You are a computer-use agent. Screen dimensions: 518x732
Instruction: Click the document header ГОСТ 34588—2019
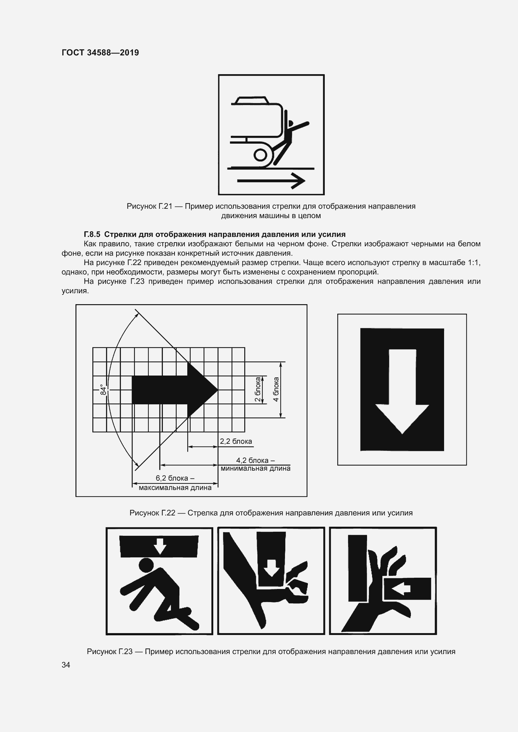pyautogui.click(x=100, y=53)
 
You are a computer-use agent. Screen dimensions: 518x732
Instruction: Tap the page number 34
pyautogui.click(x=66, y=665)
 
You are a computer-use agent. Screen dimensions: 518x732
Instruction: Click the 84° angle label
pyautogui.click(x=103, y=390)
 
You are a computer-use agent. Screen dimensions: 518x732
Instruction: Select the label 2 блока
pyautogui.click(x=257, y=390)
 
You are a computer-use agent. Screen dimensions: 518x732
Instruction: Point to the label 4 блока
pyautogui.click(x=276, y=389)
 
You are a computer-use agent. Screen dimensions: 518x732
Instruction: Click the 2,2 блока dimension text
pyautogui.click(x=236, y=441)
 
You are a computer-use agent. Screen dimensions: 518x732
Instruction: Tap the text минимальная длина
pyautogui.click(x=256, y=468)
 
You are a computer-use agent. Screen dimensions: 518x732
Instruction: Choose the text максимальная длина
pyautogui.click(x=175, y=488)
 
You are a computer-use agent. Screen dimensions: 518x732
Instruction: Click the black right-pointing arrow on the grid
pyautogui.click(x=175, y=390)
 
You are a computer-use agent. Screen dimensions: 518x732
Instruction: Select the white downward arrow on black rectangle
pyautogui.click(x=402, y=392)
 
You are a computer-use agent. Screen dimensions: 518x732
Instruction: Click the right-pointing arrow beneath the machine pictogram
pyautogui.click(x=271, y=181)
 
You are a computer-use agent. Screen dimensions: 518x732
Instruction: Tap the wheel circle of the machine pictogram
pyautogui.click(x=260, y=155)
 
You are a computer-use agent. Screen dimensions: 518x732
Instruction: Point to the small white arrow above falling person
pyautogui.click(x=160, y=546)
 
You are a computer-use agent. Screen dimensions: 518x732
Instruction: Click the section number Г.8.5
pyautogui.click(x=92, y=234)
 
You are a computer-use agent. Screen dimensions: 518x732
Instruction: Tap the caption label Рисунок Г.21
pyautogui.click(x=150, y=206)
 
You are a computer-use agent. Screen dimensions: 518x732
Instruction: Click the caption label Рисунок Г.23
pyautogui.click(x=110, y=651)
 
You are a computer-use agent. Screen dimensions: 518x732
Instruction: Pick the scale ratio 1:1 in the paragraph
pyautogui.click(x=474, y=263)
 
